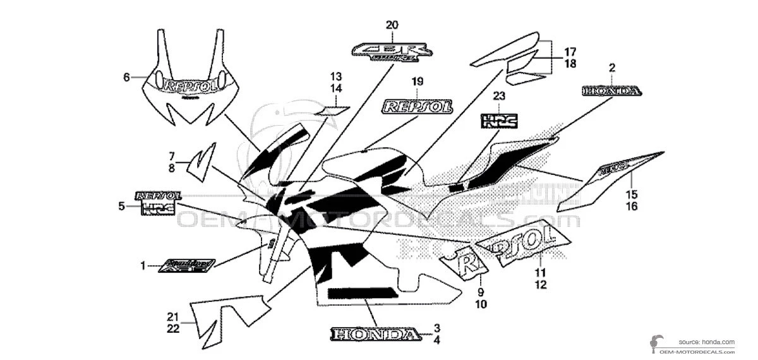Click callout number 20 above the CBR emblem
pyautogui.click(x=392, y=25)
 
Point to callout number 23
pyautogui.click(x=499, y=97)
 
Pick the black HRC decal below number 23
pyautogui.click(x=499, y=119)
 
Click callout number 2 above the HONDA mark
pyautogui.click(x=611, y=68)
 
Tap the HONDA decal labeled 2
pyautogui.click(x=611, y=91)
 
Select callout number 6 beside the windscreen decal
pyautogui.click(x=126, y=77)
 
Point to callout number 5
pyautogui.click(x=121, y=205)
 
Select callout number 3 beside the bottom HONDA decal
pyautogui.click(x=436, y=328)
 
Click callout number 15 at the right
pyautogui.click(x=632, y=195)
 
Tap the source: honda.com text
pyautogui.click(x=707, y=342)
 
